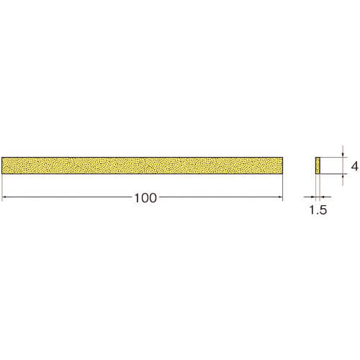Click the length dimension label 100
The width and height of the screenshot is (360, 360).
coord(145,198)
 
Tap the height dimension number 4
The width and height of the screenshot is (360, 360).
coord(354,166)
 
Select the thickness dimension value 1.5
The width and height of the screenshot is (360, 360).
coord(318,210)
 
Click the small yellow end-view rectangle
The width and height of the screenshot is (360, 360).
coord(318,166)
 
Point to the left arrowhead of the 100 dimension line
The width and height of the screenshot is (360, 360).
coord(4,197)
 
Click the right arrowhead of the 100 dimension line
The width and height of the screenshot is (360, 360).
coord(280,197)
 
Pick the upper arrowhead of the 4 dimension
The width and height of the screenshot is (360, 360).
coord(343,155)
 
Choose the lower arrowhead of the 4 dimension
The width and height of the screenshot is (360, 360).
coord(343,176)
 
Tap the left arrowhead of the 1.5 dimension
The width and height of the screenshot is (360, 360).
coord(313,197)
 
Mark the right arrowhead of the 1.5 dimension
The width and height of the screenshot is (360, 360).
coord(323,197)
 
